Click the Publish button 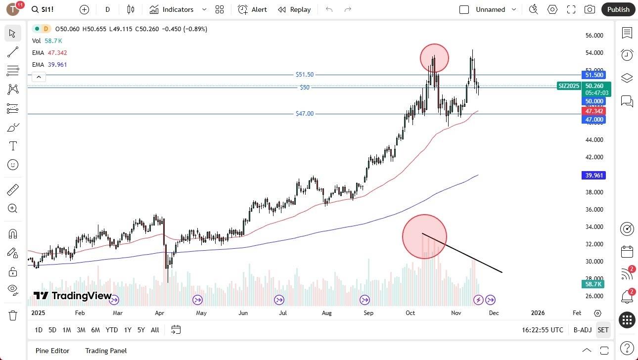[618, 9]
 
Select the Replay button [294, 9]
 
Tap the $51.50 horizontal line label [304, 75]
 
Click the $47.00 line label [304, 114]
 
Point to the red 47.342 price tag [594, 112]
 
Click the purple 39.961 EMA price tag [594, 176]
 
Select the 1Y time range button [128, 330]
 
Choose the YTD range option [112, 330]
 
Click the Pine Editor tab [52, 351]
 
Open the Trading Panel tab [106, 351]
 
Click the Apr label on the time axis [159, 313]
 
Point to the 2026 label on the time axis [538, 313]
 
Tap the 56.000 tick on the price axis [594, 36]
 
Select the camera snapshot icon [590, 9]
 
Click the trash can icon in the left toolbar [13, 315]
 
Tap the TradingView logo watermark [73, 296]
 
